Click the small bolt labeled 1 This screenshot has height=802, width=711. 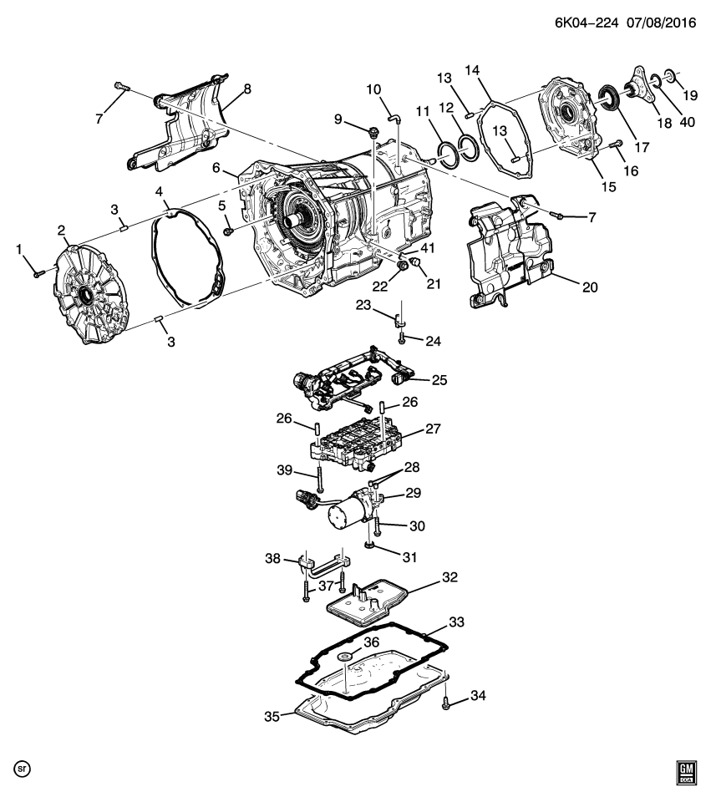click(x=38, y=272)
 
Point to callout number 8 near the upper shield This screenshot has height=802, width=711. click(x=247, y=89)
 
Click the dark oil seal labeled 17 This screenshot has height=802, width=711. click(x=613, y=99)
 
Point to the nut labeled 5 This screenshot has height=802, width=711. click(x=226, y=230)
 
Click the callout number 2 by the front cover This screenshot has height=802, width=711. click(x=61, y=230)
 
